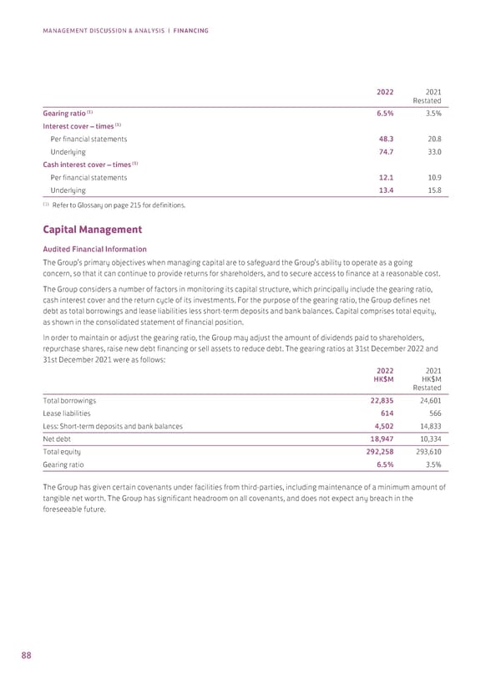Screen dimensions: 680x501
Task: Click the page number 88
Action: tap(27, 655)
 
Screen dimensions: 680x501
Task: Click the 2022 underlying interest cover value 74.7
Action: tap(387, 154)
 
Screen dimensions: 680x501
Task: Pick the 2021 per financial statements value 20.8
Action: tap(433, 139)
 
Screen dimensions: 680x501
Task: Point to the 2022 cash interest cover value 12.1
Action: tap(387, 177)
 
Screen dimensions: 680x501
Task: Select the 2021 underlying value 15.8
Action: tap(433, 191)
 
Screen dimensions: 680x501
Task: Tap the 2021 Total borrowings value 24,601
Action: tap(428, 398)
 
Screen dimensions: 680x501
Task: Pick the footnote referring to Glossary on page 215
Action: tap(113, 206)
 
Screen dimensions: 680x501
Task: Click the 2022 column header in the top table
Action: tap(385, 92)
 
